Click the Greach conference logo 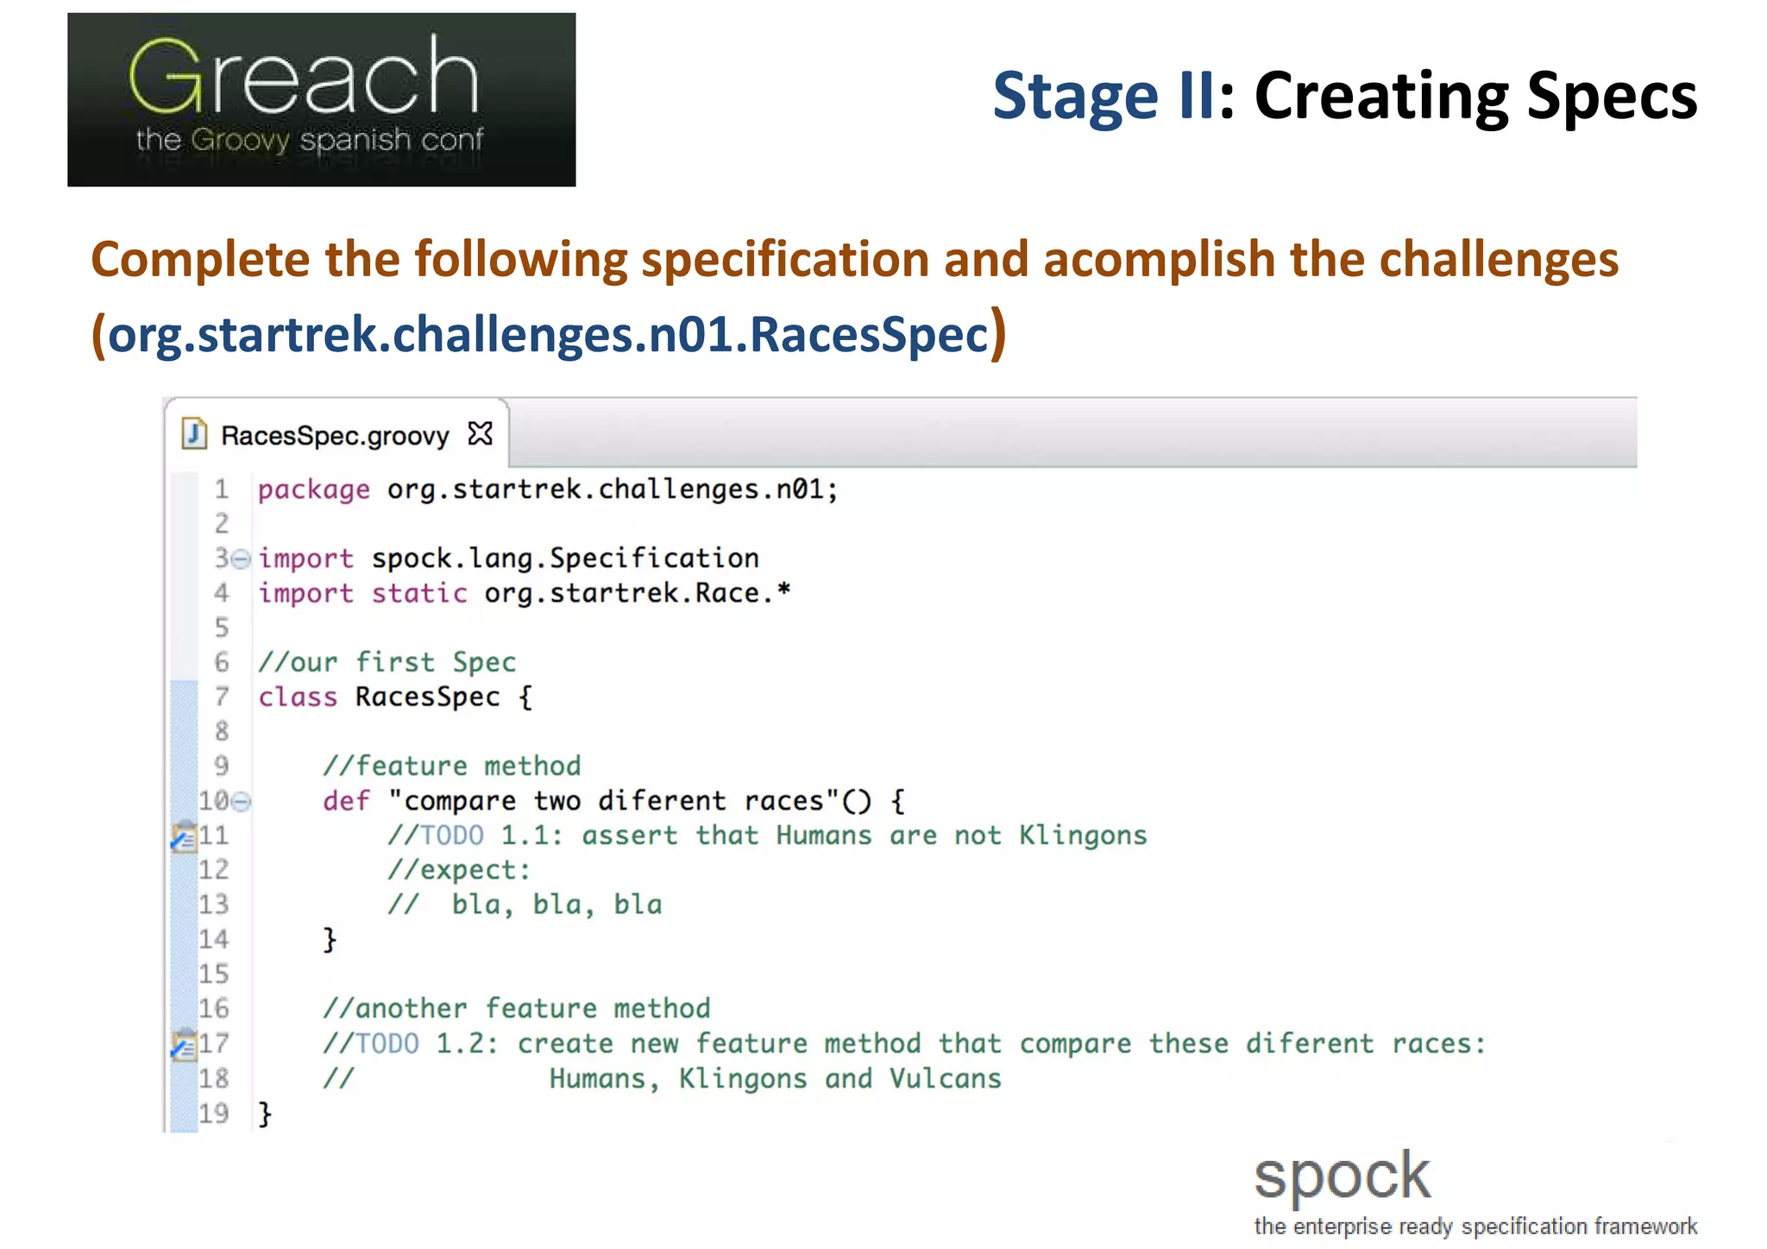click(x=321, y=99)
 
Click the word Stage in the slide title click(x=1074, y=96)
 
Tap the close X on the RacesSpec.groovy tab click(x=480, y=433)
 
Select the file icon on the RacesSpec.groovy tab click(x=194, y=433)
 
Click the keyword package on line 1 click(x=313, y=490)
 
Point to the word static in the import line click(x=419, y=594)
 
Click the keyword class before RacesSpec click(x=298, y=697)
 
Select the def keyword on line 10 click(x=345, y=801)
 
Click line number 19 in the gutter click(x=214, y=1113)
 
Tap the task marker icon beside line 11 click(x=183, y=836)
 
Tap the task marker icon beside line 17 click(x=183, y=1045)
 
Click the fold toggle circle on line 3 click(x=242, y=559)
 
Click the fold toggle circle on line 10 click(x=242, y=802)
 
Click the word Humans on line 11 click(x=823, y=836)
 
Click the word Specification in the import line click(x=654, y=558)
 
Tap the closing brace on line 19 click(x=265, y=1113)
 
